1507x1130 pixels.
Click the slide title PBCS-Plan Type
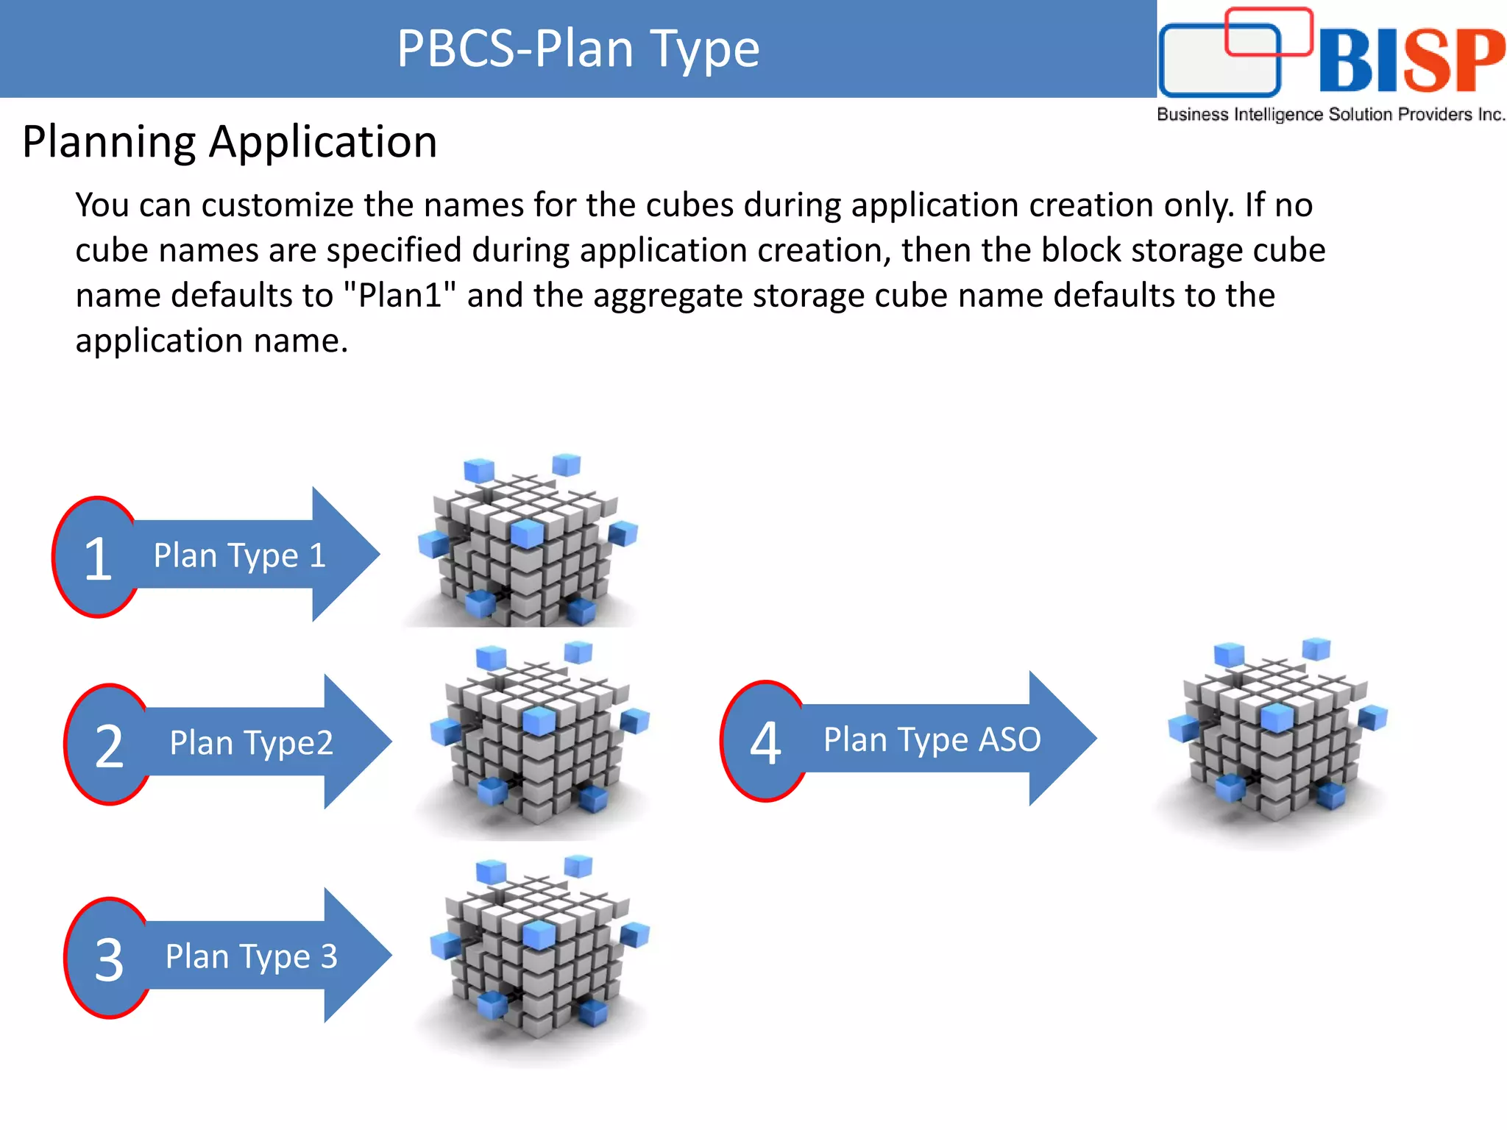click(578, 49)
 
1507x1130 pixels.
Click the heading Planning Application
click(230, 141)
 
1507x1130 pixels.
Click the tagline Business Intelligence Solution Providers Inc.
click(1330, 115)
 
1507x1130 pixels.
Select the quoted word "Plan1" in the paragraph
click(400, 296)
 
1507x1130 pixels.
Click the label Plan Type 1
click(240, 555)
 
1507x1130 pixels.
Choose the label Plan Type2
click(251, 743)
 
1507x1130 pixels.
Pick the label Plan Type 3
click(251, 956)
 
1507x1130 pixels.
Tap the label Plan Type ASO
click(932, 739)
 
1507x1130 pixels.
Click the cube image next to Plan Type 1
click(527, 544)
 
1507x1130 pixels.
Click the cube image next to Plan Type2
click(539, 736)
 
